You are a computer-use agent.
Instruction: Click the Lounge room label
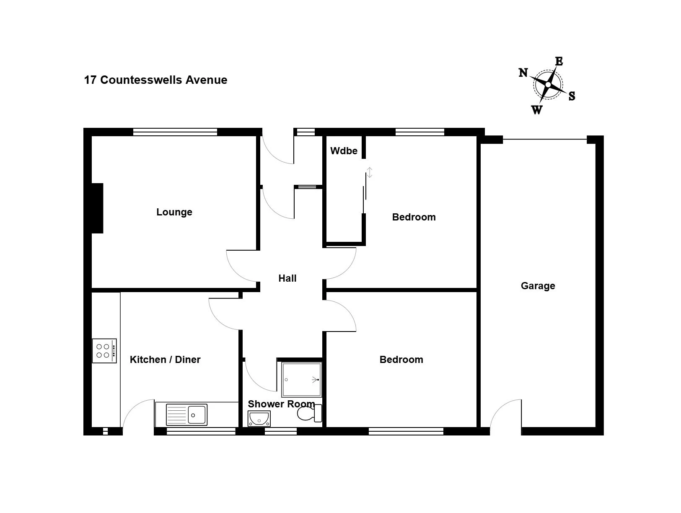(174, 212)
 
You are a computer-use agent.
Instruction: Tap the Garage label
(538, 286)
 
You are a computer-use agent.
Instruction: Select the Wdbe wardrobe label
(344, 151)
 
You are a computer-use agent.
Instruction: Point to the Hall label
(287, 279)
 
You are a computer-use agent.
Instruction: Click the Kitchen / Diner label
(165, 360)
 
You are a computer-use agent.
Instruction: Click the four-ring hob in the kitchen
(104, 351)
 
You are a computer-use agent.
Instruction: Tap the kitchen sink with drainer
(186, 415)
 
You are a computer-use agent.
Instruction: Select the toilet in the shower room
(309, 414)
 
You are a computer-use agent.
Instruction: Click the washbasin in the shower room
(259, 419)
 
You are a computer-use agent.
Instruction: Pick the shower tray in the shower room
(302, 380)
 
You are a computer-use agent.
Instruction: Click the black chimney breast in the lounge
(97, 208)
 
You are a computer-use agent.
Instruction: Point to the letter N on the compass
(523, 73)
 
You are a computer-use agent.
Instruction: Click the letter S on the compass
(572, 96)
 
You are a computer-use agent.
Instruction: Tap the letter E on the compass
(559, 62)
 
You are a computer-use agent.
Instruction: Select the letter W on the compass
(537, 110)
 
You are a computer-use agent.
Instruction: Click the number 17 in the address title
(90, 80)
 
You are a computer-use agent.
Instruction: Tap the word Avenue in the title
(206, 80)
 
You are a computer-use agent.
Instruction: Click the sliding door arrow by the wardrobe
(370, 172)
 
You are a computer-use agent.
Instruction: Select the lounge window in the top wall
(175, 132)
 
